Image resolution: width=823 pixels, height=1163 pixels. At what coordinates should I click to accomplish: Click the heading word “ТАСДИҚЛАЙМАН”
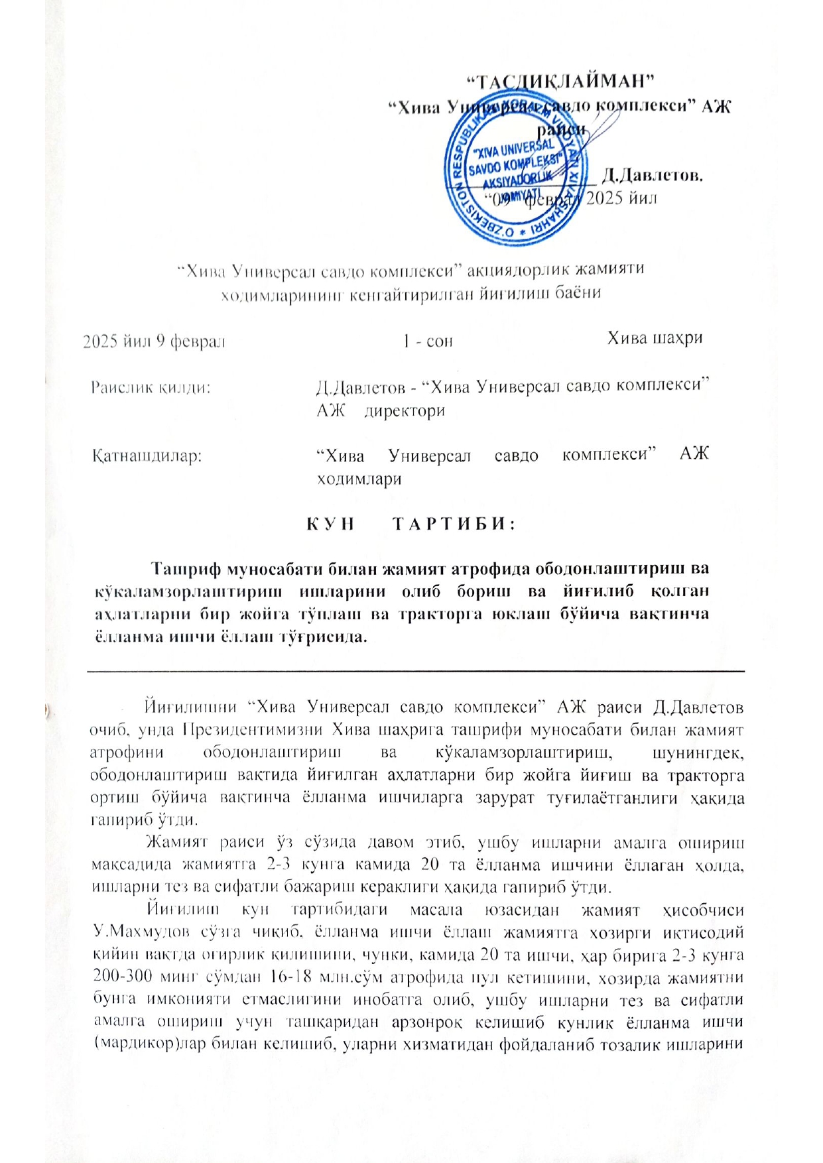point(560,82)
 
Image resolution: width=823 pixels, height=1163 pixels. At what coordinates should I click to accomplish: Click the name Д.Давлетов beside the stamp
point(653,176)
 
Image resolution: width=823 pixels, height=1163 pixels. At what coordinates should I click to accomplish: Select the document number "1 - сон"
point(428,341)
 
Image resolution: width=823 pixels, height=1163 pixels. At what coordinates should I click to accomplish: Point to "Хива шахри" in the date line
point(655,338)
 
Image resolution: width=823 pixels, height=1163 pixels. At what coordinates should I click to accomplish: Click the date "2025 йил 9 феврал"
point(154,341)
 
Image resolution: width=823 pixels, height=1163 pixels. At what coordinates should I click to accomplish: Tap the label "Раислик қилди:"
point(151,387)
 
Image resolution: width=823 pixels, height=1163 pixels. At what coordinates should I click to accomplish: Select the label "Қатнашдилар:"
point(147,456)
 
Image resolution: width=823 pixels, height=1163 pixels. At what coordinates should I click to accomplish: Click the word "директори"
point(405,410)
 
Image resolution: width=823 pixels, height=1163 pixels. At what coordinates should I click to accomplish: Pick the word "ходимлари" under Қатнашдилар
point(359,479)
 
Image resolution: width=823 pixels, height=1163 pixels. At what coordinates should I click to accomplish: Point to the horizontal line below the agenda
point(416,671)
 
